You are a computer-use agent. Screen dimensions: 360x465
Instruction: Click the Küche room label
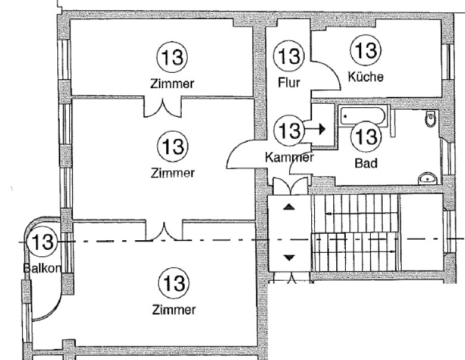[365, 77]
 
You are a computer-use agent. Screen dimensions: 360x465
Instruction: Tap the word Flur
[289, 82]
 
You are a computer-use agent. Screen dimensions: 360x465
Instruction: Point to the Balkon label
[42, 268]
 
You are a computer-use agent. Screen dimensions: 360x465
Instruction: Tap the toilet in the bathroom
[430, 120]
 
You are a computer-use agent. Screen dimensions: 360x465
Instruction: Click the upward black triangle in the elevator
[289, 207]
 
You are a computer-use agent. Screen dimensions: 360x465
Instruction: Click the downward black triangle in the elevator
[289, 257]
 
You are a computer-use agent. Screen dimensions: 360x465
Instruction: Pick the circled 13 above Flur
[289, 57]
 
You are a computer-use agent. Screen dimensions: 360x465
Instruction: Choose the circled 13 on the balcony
[42, 243]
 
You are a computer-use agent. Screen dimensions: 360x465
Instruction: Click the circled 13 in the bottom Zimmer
[172, 281]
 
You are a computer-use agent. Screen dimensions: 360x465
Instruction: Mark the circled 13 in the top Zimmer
[172, 58]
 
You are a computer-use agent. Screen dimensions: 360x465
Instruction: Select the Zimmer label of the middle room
[172, 173]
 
